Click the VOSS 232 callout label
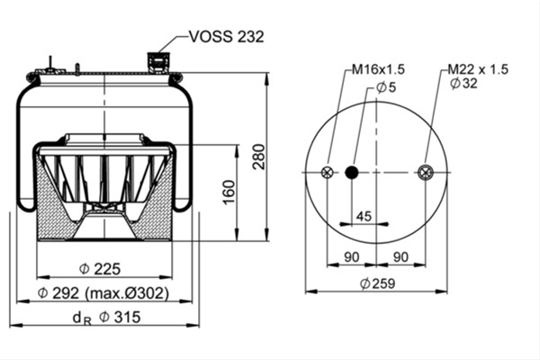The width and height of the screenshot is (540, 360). click(227, 36)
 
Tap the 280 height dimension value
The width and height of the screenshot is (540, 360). click(259, 157)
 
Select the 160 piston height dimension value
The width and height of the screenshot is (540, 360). click(229, 193)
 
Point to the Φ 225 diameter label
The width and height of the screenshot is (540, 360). click(100, 269)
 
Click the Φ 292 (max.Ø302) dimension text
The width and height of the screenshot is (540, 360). click(103, 293)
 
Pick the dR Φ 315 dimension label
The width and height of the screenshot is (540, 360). click(107, 318)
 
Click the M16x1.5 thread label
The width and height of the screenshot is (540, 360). click(378, 69)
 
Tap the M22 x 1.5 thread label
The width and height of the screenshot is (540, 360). click(478, 69)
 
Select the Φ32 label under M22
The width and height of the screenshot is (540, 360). click(463, 84)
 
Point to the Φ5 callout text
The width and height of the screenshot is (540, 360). click(386, 87)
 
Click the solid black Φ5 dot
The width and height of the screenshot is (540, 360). click(352, 172)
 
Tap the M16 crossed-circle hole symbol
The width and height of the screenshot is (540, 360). click(328, 172)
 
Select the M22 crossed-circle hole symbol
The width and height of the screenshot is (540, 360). click(426, 172)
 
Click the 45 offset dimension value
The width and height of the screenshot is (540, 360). click(364, 216)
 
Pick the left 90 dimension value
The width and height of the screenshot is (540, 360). click(352, 257)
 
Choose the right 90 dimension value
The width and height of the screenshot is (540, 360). click(400, 257)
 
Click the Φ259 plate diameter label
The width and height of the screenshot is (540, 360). click(377, 283)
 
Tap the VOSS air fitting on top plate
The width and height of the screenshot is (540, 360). click(156, 63)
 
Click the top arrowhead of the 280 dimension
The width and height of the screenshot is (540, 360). click(266, 78)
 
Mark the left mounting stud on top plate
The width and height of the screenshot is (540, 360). click(50, 65)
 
